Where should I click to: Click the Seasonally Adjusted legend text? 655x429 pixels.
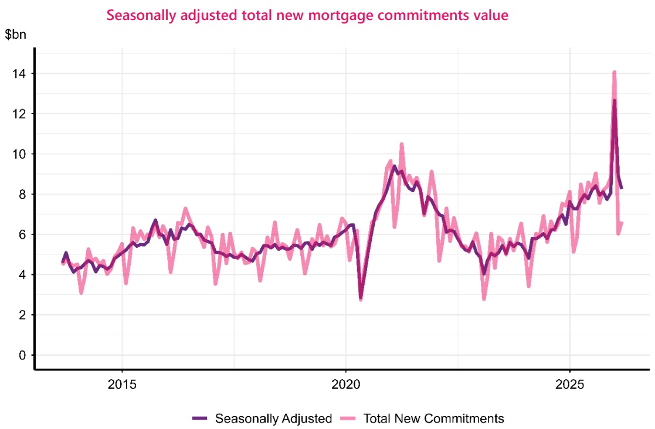(x=274, y=418)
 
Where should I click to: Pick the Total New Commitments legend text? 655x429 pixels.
(x=434, y=418)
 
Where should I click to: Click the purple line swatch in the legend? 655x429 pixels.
(x=200, y=418)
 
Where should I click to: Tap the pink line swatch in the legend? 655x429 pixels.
(x=349, y=418)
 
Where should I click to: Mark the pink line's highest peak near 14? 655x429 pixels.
(x=614, y=73)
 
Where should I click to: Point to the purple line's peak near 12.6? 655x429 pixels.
(x=614, y=101)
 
